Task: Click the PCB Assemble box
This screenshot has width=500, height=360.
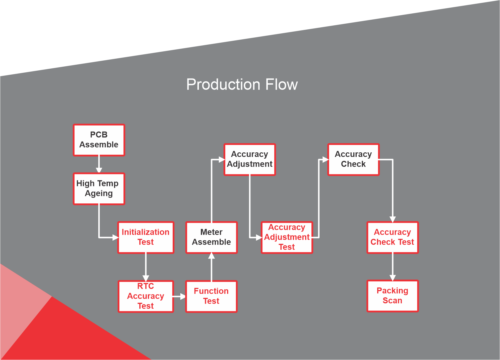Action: pyautogui.click(x=99, y=140)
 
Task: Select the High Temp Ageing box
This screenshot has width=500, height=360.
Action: pyautogui.click(x=99, y=189)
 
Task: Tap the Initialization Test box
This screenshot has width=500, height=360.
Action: pyautogui.click(x=146, y=237)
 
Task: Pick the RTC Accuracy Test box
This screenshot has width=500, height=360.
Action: pyautogui.click(x=146, y=296)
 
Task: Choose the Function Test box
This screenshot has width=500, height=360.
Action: pyautogui.click(x=211, y=296)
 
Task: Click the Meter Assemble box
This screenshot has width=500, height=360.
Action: pyautogui.click(x=211, y=237)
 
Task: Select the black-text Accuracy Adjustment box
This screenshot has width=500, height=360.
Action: pyautogui.click(x=250, y=159)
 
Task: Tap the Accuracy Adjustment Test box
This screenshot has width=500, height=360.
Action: pyautogui.click(x=287, y=237)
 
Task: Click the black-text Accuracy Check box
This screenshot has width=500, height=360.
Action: pyautogui.click(x=353, y=159)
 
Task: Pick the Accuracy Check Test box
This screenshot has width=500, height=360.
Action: pyautogui.click(x=392, y=237)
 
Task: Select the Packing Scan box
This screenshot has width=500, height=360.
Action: pyautogui.click(x=392, y=296)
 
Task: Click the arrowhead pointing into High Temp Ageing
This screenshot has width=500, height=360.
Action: pyautogui.click(x=99, y=170)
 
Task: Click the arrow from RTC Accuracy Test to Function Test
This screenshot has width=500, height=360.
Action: pyautogui.click(x=179, y=296)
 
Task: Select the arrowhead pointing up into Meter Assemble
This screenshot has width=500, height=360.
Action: pyautogui.click(x=211, y=256)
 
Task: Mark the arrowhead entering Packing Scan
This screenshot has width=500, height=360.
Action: pyautogui.click(x=393, y=278)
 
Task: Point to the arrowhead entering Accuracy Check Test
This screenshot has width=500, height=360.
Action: pyautogui.click(x=393, y=219)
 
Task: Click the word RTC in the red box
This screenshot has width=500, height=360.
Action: pyautogui.click(x=146, y=286)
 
